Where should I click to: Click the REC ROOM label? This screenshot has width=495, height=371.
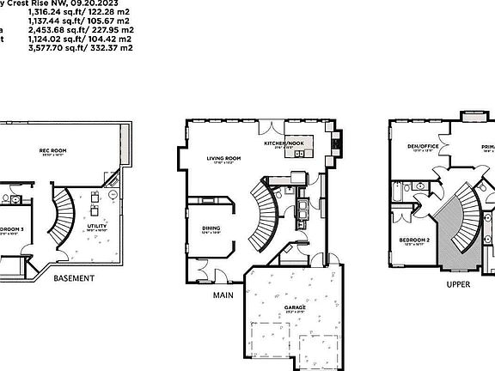tap(52, 151)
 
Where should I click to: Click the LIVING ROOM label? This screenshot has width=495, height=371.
tap(223, 159)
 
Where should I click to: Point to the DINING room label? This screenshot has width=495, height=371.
tap(211, 227)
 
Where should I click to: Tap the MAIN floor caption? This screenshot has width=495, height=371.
tap(224, 294)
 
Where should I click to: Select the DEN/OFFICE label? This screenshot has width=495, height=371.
tap(424, 147)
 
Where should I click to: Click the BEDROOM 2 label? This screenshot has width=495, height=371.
tap(415, 240)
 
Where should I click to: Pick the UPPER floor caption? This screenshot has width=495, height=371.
tap(458, 284)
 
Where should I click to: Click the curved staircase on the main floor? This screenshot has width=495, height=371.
tap(262, 210)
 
